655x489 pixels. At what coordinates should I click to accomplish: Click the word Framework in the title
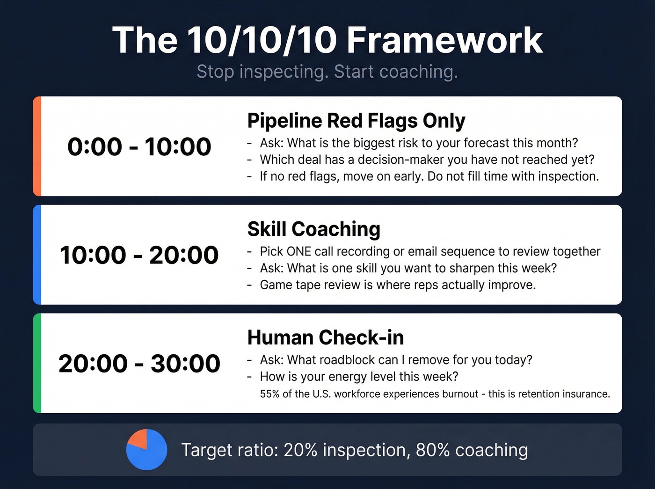(x=444, y=40)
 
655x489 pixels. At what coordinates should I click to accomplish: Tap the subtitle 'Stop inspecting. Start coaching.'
(x=327, y=72)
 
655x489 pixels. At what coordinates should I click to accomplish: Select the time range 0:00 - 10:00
(x=139, y=146)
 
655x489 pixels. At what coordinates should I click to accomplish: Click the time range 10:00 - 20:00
(x=139, y=255)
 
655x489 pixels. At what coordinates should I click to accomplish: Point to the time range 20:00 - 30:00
(x=139, y=364)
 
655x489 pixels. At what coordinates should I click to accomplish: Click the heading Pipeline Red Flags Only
(x=356, y=121)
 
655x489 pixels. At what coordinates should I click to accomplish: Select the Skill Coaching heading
(x=313, y=229)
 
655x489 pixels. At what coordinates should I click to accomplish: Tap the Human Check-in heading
(x=325, y=337)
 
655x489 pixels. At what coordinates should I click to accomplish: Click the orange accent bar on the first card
(x=37, y=146)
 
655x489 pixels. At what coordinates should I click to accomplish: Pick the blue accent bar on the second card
(x=37, y=255)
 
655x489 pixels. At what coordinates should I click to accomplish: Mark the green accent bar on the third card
(x=37, y=363)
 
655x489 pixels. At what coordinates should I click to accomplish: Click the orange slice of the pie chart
(x=139, y=438)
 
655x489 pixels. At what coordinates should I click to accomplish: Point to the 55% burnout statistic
(x=269, y=394)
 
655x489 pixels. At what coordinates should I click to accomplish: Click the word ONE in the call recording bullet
(x=298, y=252)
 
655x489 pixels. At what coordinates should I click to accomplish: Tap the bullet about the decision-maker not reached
(x=427, y=160)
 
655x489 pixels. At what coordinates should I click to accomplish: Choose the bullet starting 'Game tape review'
(x=398, y=285)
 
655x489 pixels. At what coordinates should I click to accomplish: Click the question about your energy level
(x=359, y=377)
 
